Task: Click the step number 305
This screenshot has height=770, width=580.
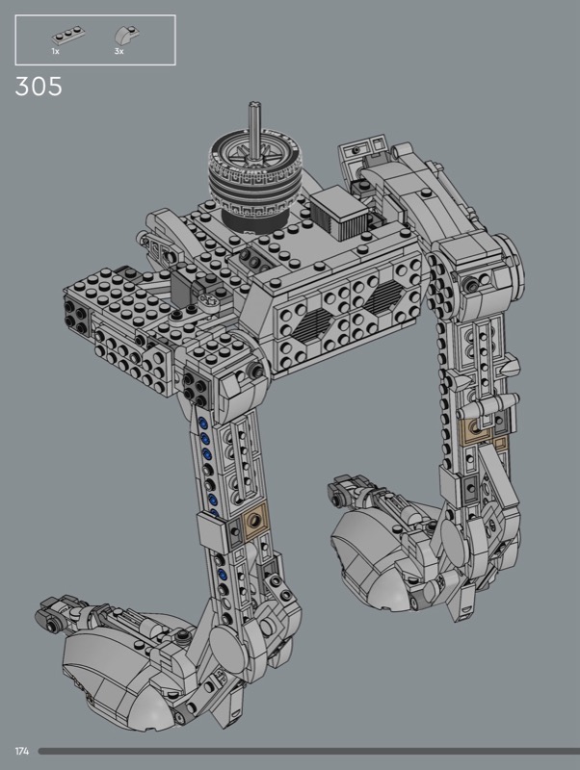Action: click(39, 86)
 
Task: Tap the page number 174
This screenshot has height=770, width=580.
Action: click(22, 751)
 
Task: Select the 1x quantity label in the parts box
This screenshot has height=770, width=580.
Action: click(56, 51)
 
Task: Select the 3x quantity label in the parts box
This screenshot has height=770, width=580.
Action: click(119, 51)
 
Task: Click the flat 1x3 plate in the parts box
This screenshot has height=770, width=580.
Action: click(68, 37)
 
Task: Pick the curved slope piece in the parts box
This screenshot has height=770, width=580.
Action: click(127, 35)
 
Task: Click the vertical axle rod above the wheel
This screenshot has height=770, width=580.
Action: click(254, 129)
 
